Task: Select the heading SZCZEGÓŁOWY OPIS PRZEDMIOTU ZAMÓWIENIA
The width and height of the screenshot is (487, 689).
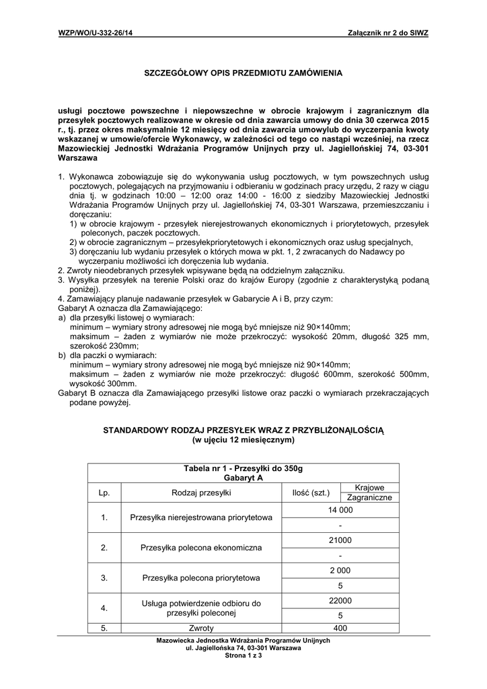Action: click(x=243, y=71)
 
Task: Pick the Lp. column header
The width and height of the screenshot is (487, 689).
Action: click(x=104, y=493)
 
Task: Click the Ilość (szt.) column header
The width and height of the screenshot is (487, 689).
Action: click(x=311, y=493)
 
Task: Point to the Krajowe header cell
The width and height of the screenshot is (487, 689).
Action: click(x=369, y=487)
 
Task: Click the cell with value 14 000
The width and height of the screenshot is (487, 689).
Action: click(x=340, y=511)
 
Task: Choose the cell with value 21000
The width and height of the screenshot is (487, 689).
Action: click(x=340, y=540)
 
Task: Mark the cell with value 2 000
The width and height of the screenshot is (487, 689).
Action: click(x=340, y=571)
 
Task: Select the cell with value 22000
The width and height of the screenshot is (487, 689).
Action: click(x=340, y=600)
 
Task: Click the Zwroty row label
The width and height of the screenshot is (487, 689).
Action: click(x=200, y=628)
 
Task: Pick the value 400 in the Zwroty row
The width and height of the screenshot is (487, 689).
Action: click(x=340, y=628)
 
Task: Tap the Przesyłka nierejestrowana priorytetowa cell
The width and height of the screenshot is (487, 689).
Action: click(x=200, y=517)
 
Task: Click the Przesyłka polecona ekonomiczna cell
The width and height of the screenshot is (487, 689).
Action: click(x=200, y=548)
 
